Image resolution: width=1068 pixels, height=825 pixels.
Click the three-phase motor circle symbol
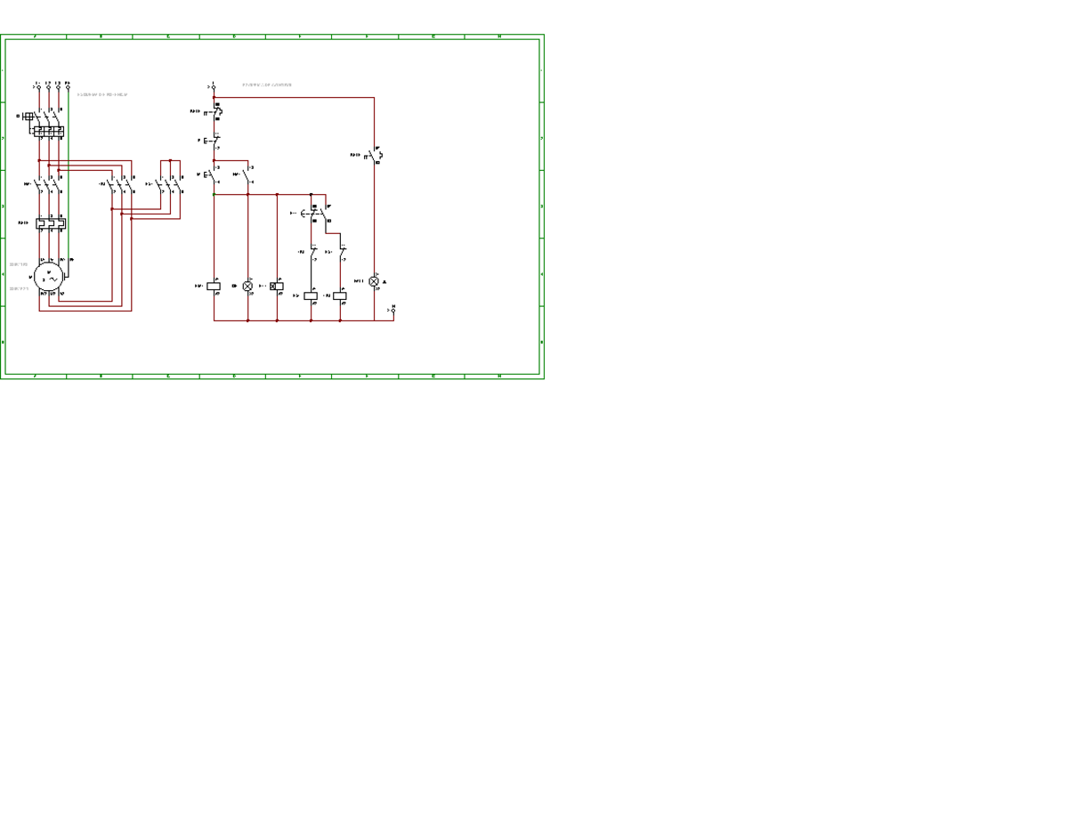point(48,279)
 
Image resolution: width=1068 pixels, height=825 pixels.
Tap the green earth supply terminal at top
point(68,87)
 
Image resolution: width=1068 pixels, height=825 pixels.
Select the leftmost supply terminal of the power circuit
point(38,87)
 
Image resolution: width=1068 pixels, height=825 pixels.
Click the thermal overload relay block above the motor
point(51,223)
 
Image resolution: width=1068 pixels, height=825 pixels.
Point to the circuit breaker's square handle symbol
point(28,117)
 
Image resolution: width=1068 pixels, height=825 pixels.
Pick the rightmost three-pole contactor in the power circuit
point(170,186)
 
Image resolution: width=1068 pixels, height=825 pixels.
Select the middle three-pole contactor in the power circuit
point(122,186)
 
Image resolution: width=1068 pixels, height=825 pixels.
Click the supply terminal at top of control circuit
point(214,87)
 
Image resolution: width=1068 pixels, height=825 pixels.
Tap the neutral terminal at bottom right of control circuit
point(393,311)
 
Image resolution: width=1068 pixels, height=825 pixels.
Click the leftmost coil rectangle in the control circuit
point(214,287)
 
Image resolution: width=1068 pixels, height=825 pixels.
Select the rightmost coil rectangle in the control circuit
point(340,295)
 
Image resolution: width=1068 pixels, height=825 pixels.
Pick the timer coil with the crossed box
point(277,287)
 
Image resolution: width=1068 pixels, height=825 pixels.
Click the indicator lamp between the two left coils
point(247,287)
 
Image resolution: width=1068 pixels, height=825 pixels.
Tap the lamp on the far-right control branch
point(374,281)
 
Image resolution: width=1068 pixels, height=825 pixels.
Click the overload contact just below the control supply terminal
point(215,111)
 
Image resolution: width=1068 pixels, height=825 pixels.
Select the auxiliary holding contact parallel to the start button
point(247,174)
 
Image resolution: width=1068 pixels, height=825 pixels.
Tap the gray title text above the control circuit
point(267,85)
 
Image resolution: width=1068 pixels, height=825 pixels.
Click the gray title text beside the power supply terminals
point(102,94)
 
